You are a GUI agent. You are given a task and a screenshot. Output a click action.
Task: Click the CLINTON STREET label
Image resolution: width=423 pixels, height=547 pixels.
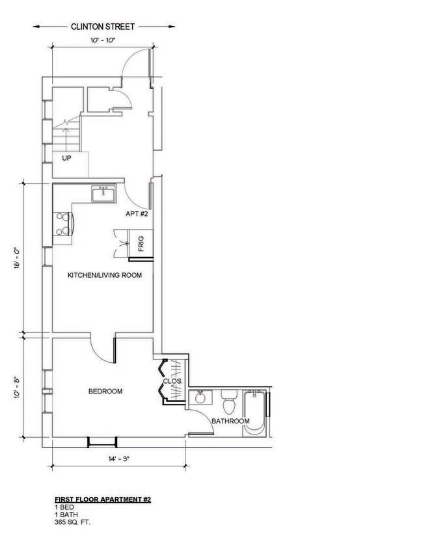pyautogui.click(x=102, y=27)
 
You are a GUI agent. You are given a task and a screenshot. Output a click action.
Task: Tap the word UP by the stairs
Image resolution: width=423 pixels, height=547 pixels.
pyautogui.click(x=66, y=158)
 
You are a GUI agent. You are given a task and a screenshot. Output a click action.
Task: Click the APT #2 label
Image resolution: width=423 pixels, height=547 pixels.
pyautogui.click(x=138, y=214)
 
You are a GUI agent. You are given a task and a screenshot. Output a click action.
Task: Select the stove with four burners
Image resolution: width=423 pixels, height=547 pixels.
pyautogui.click(x=62, y=224)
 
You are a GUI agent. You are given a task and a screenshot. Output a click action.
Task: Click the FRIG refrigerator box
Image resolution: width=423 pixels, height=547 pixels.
pyautogui.click(x=141, y=245)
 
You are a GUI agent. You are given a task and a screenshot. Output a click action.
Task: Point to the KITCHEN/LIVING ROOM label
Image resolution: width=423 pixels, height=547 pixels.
pyautogui.click(x=105, y=276)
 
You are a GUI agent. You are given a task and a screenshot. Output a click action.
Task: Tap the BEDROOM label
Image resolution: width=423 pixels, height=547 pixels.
pyautogui.click(x=105, y=392)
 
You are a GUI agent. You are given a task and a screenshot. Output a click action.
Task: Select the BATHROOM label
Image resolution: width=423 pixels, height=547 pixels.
pyautogui.click(x=230, y=421)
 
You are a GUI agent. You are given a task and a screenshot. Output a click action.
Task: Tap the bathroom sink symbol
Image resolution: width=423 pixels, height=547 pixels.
pyautogui.click(x=200, y=397)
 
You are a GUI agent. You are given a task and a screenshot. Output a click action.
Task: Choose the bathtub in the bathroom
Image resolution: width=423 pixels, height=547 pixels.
pyautogui.click(x=254, y=412)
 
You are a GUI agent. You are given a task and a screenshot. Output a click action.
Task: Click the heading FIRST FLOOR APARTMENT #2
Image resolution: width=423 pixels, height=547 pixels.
pyautogui.click(x=103, y=500)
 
